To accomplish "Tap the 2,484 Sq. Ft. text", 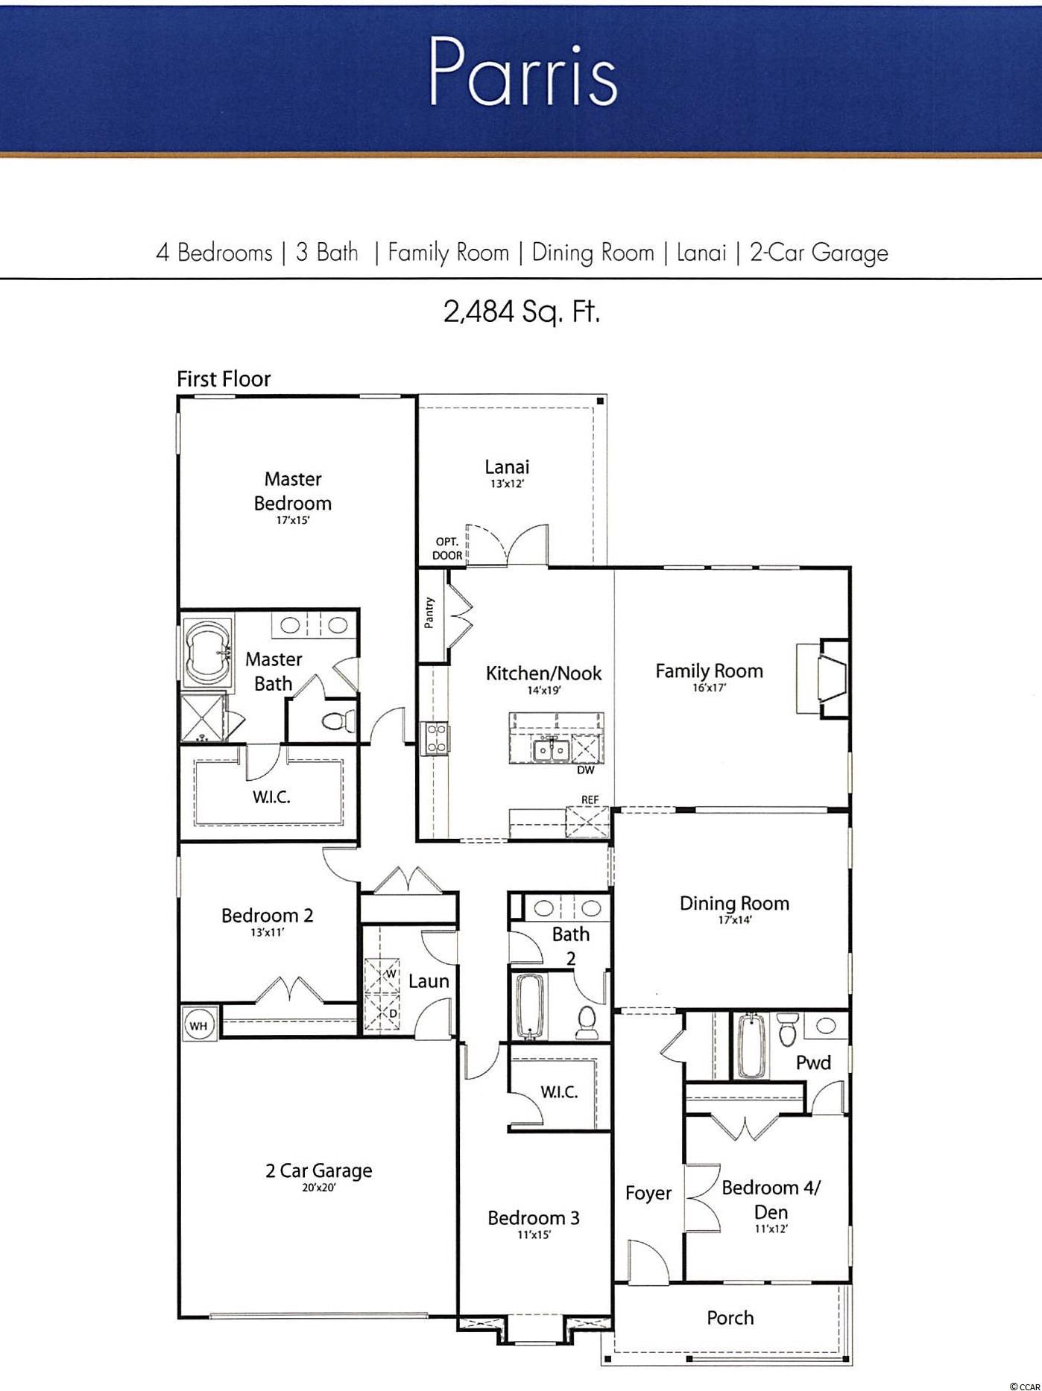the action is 521,311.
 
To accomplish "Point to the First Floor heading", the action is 224,378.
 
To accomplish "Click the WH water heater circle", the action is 198,1026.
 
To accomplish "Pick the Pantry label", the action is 429,613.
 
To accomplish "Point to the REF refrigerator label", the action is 590,800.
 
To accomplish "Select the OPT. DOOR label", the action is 447,548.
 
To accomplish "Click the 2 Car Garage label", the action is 318,1170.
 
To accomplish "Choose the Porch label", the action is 730,1318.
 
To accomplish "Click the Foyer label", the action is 648,1193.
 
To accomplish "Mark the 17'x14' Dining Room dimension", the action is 734,920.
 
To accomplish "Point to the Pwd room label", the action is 813,1062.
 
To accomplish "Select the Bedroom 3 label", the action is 534,1217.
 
